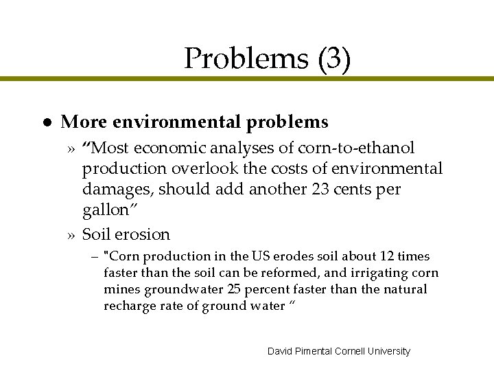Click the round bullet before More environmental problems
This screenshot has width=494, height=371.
pyautogui.click(x=43, y=122)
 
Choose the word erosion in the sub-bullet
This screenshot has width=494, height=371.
pyautogui.click(x=143, y=234)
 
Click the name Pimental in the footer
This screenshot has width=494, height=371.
pyautogui.click(x=313, y=351)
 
